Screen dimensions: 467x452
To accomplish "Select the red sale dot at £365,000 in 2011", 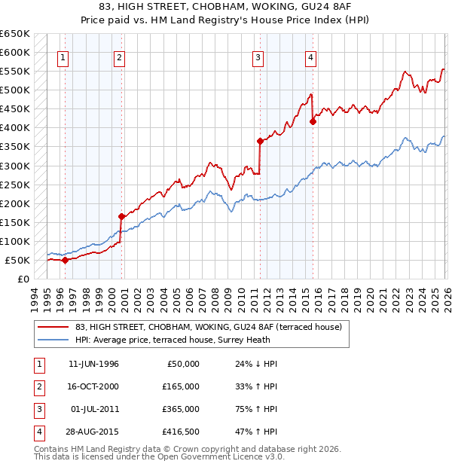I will pos(260,141).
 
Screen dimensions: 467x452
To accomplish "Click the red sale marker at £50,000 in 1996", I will pos(65,260).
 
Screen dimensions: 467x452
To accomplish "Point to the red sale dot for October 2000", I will pos(121,216).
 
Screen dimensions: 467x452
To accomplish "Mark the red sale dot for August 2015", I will pos(313,121).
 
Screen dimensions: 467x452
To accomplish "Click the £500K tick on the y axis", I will pos(15,90).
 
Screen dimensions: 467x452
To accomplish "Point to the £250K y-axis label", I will pos(15,185).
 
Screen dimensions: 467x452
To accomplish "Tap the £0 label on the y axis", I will pos(23,279).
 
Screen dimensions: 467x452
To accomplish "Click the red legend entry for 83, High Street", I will pos(209,327).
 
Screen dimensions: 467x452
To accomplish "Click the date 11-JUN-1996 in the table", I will pos(93,364).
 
